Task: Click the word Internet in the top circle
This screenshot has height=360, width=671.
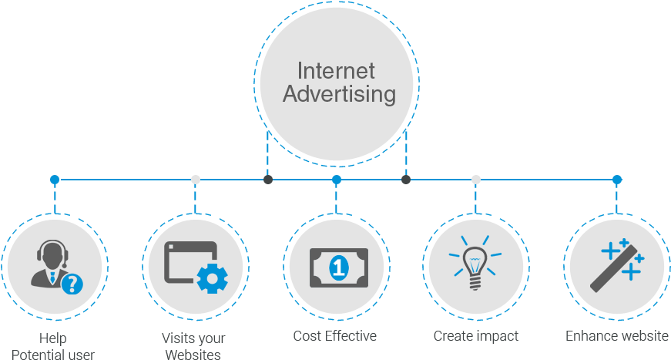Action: point(336,71)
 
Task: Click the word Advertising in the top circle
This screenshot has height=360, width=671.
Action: point(339,95)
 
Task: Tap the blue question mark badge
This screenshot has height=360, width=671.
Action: point(71,284)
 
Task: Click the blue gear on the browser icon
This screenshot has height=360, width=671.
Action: point(213,278)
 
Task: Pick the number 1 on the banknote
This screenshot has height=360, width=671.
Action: point(337,268)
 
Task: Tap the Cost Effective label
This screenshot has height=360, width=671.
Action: point(335,336)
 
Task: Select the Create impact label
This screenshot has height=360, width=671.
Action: point(475,336)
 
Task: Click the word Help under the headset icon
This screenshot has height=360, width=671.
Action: point(53,338)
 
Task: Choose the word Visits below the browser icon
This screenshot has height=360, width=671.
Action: point(178,338)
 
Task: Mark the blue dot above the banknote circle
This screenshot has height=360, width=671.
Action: point(337,180)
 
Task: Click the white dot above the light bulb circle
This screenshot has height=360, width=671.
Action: point(476,180)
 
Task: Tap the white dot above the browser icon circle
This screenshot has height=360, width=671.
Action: point(196,180)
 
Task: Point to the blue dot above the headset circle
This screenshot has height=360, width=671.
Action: point(55,180)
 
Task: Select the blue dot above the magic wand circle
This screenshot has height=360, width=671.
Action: point(617,180)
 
